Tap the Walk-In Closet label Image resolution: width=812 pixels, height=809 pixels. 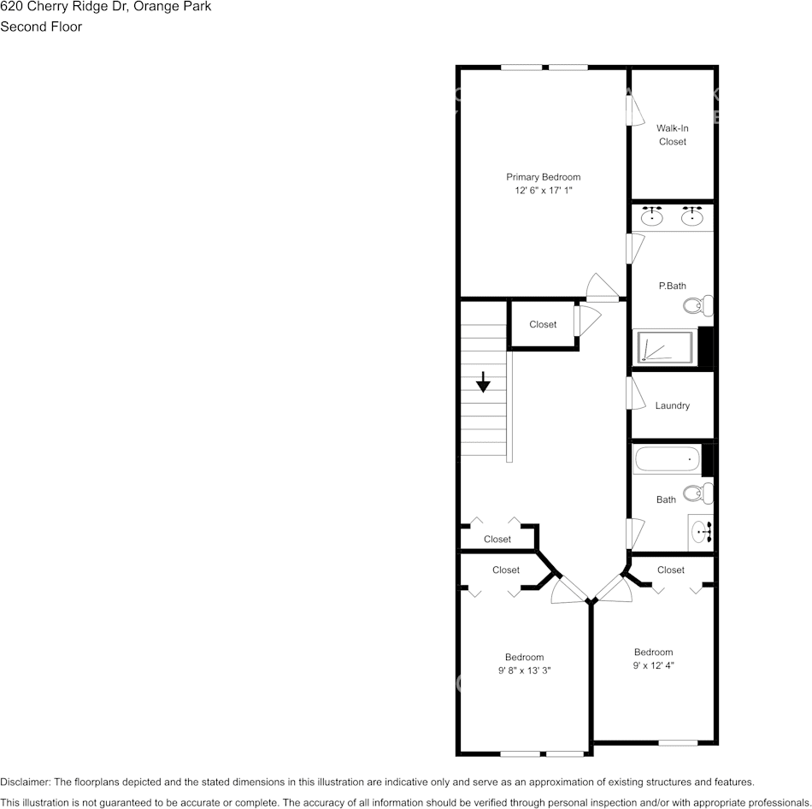click(x=672, y=135)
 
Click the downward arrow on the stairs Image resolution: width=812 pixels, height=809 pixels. click(x=483, y=382)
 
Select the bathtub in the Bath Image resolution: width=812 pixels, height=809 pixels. click(x=667, y=460)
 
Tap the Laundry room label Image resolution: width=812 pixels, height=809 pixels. click(x=672, y=405)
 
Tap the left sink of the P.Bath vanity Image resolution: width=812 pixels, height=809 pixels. click(x=654, y=216)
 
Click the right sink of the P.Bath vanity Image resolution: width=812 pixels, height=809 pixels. click(x=691, y=216)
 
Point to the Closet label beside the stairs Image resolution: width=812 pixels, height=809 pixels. click(x=543, y=324)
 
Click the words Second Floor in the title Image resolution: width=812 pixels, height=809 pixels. click(x=41, y=27)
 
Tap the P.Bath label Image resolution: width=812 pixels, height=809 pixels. click(x=672, y=286)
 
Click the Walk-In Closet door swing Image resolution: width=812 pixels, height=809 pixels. click(x=636, y=109)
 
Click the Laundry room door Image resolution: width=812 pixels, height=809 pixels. click(x=636, y=393)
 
